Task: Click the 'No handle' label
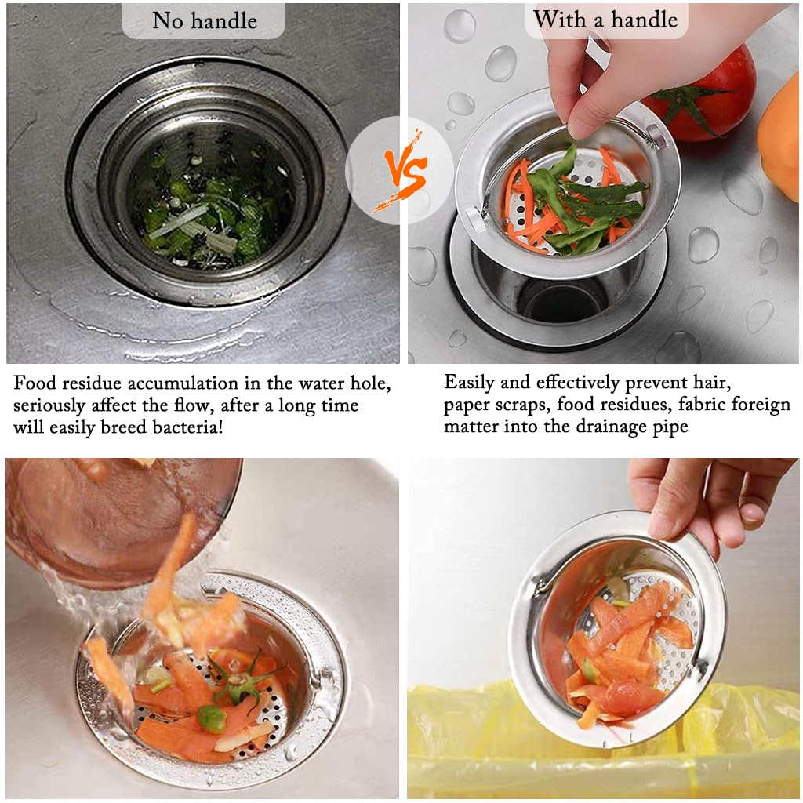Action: pyautogui.click(x=204, y=20)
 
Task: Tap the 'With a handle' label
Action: pyautogui.click(x=605, y=19)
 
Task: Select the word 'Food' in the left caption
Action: pyautogui.click(x=36, y=383)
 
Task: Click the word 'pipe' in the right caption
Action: pyautogui.click(x=668, y=427)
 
